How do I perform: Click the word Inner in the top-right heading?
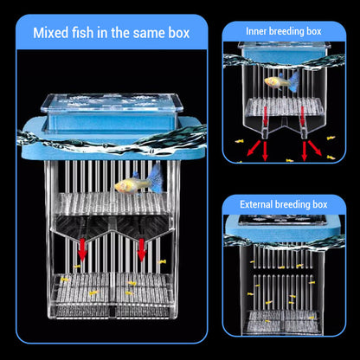(x=258, y=31)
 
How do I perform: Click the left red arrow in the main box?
(x=83, y=248)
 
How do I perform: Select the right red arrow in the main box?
(x=141, y=248)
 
